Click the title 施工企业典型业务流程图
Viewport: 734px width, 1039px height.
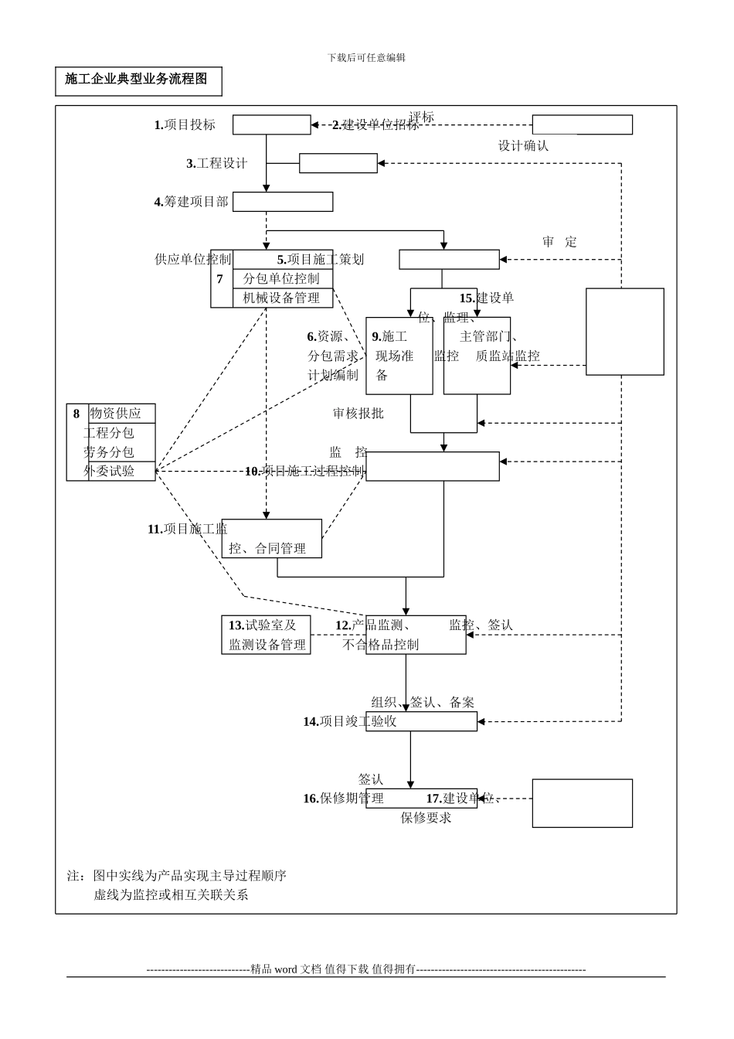136,80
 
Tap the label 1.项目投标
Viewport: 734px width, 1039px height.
185,125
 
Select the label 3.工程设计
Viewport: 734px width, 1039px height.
216,164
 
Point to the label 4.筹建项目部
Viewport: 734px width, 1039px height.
191,202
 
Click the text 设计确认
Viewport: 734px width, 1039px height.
523,145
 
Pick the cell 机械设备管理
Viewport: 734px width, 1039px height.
281,298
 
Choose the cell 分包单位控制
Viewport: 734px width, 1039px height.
281,279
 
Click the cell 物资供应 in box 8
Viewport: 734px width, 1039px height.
116,414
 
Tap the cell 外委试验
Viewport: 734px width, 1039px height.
109,471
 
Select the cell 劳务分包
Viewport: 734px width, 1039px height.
109,452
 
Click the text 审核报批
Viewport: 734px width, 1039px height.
358,414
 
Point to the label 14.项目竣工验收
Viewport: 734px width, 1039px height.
349,721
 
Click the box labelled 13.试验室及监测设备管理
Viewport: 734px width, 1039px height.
266,635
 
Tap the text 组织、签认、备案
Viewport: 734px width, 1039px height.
423,703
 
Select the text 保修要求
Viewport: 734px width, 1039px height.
426,818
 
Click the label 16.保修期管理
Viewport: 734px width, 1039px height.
343,799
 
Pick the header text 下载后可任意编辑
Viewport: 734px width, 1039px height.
366,58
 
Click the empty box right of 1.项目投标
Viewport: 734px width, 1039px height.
271,125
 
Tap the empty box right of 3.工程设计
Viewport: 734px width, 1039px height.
338,164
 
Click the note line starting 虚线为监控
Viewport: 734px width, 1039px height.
171,895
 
